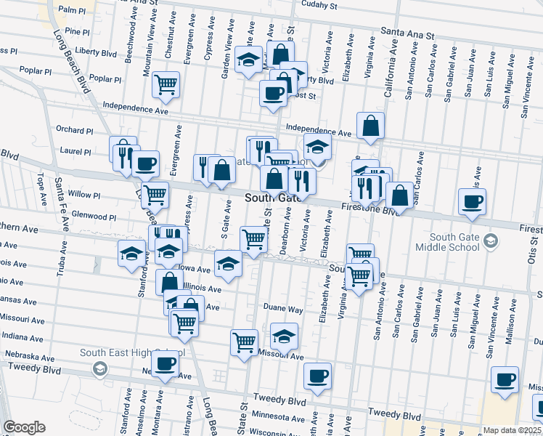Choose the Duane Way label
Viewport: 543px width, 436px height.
pyautogui.click(x=282, y=309)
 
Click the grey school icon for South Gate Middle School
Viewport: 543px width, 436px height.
pyautogui.click(x=491, y=241)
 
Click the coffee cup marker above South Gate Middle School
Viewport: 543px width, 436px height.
pyautogui.click(x=473, y=201)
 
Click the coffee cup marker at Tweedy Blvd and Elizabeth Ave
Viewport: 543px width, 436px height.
pyautogui.click(x=317, y=376)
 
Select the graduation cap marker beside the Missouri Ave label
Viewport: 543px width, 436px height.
pyautogui.click(x=284, y=336)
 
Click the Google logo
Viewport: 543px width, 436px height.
pyautogui.click(x=24, y=427)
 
